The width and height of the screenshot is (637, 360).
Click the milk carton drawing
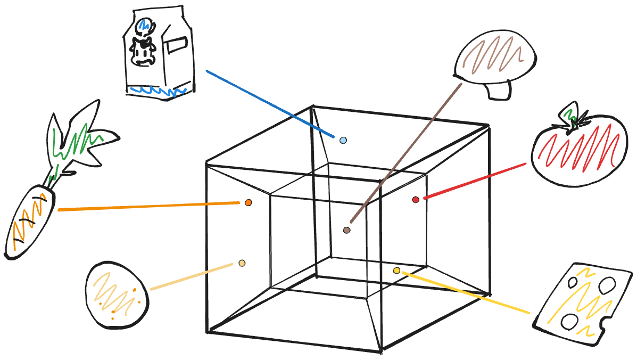158,53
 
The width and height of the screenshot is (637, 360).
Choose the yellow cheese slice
582,304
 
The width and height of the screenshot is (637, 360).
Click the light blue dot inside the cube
343,141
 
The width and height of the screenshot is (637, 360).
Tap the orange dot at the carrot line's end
248,202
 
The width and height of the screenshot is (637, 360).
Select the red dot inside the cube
416,200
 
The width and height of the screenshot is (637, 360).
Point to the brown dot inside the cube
346,230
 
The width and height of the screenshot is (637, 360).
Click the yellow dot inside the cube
396,271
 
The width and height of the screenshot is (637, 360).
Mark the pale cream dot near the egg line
242,263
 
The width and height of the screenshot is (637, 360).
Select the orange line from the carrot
149,206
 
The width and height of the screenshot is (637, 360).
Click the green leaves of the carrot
80,141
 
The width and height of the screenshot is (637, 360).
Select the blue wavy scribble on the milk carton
158,91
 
